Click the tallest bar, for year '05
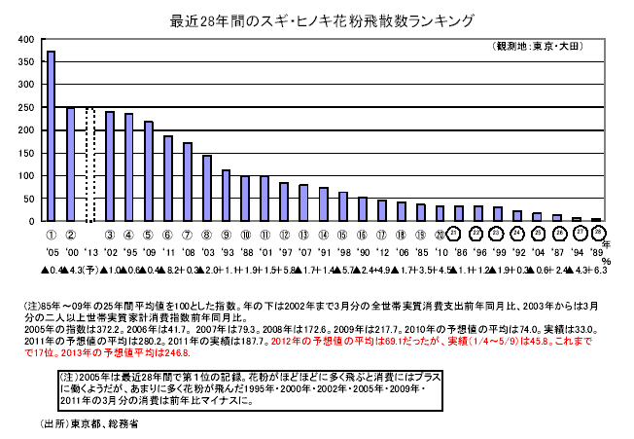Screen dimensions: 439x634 click(51, 136)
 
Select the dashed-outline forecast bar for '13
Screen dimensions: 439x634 click(89, 165)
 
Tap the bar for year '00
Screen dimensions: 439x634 click(70, 165)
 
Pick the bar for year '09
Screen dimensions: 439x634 click(148, 171)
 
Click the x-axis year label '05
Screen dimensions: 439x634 click(51, 249)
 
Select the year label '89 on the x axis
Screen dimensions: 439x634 click(595, 249)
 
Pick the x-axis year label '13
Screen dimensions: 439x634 click(89, 249)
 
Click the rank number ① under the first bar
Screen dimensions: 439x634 click(51, 234)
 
